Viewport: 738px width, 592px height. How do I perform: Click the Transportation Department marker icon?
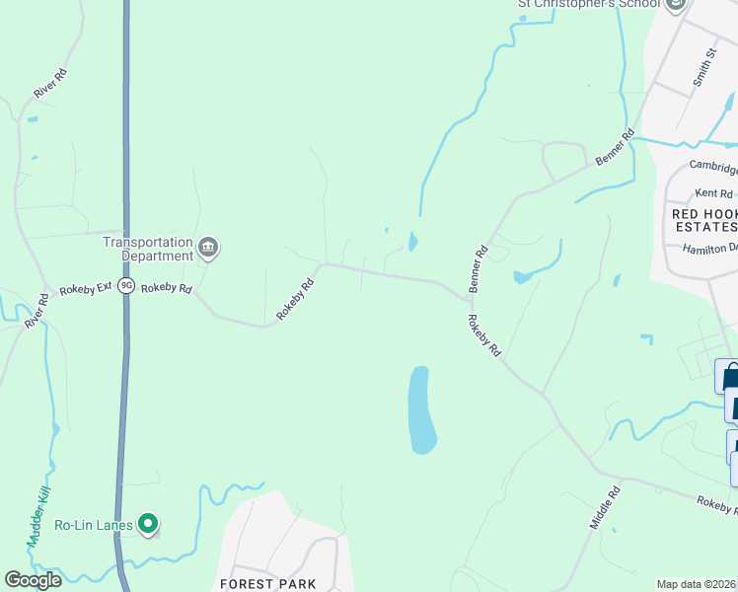208,248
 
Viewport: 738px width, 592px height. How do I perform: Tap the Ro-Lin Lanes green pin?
148,524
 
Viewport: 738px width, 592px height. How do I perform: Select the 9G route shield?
125,286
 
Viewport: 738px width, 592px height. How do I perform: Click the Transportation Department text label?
149,249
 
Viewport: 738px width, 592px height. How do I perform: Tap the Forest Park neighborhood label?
261,584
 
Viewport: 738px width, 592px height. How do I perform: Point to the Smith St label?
703,66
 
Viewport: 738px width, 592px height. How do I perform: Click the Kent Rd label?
714,193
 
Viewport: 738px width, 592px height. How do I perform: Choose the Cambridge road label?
712,166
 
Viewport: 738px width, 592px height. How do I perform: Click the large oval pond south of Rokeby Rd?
421,408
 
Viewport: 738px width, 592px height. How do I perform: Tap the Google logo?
33,580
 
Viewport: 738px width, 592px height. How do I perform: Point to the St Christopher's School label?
588,4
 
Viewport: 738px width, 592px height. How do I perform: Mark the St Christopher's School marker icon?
676,5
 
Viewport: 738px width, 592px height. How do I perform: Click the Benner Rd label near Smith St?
614,148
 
